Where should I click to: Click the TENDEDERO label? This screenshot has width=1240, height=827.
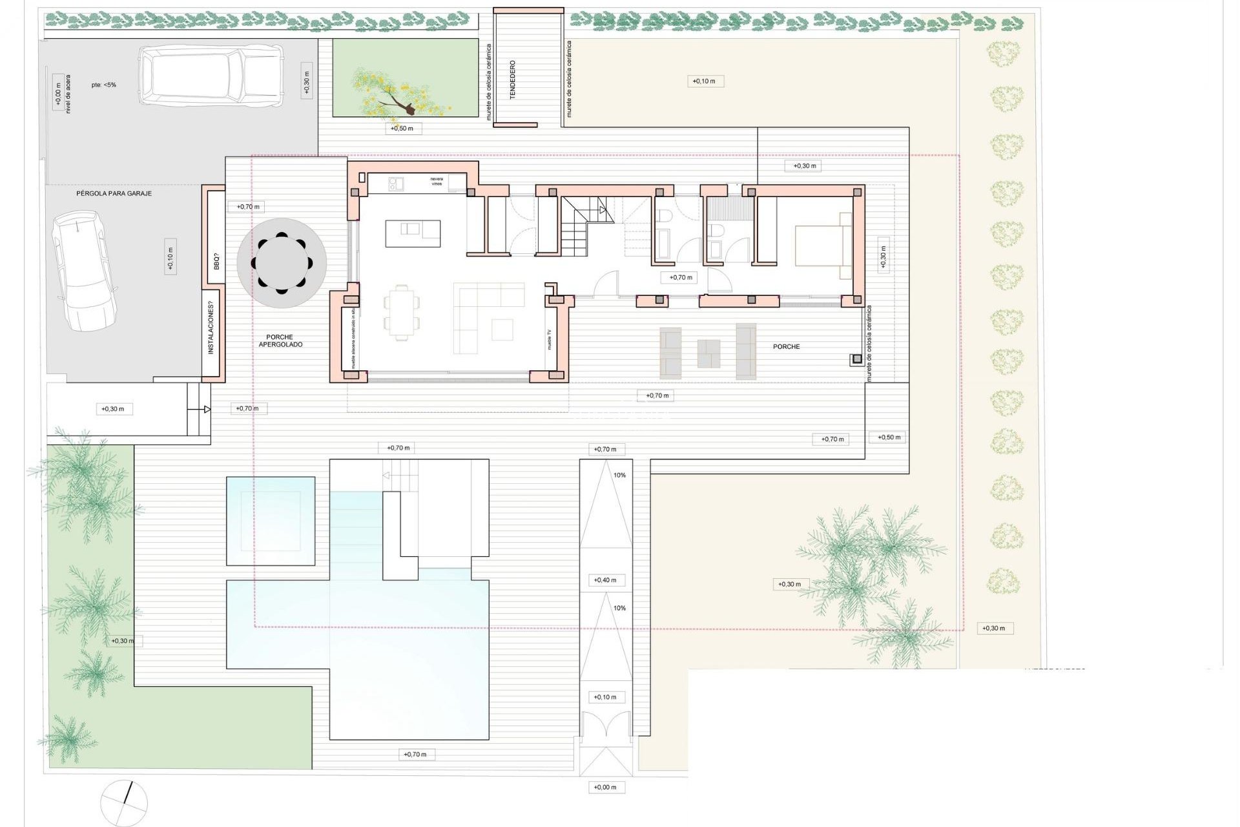coord(513,79)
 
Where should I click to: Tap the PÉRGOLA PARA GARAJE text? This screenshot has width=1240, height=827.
coord(114,193)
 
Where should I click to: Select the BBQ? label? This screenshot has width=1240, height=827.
coord(216,262)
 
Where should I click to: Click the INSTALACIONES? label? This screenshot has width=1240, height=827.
coord(211,332)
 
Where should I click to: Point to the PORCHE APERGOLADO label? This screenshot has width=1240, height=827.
coord(280,340)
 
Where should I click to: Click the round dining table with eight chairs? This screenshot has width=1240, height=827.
coord(282,263)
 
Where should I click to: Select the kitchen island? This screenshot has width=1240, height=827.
coord(413,233)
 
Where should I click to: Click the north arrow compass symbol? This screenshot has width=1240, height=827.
coord(124,803)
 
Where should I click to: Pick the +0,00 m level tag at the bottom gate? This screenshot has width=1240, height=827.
coord(605,787)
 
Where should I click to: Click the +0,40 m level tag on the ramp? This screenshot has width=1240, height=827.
coord(605,580)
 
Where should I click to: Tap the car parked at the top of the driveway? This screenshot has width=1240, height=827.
coord(211,75)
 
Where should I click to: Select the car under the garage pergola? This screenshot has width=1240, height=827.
coord(85,271)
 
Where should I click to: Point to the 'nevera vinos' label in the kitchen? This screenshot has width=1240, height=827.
coord(437,182)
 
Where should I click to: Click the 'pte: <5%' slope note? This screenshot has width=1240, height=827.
coord(103,85)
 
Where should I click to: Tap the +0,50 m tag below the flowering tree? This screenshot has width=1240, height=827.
coord(402,129)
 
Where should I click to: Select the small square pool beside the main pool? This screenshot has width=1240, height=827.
coord(271,521)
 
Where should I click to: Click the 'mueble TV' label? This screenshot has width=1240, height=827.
coord(550,339)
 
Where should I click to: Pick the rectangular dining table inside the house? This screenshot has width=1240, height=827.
coord(401,312)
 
